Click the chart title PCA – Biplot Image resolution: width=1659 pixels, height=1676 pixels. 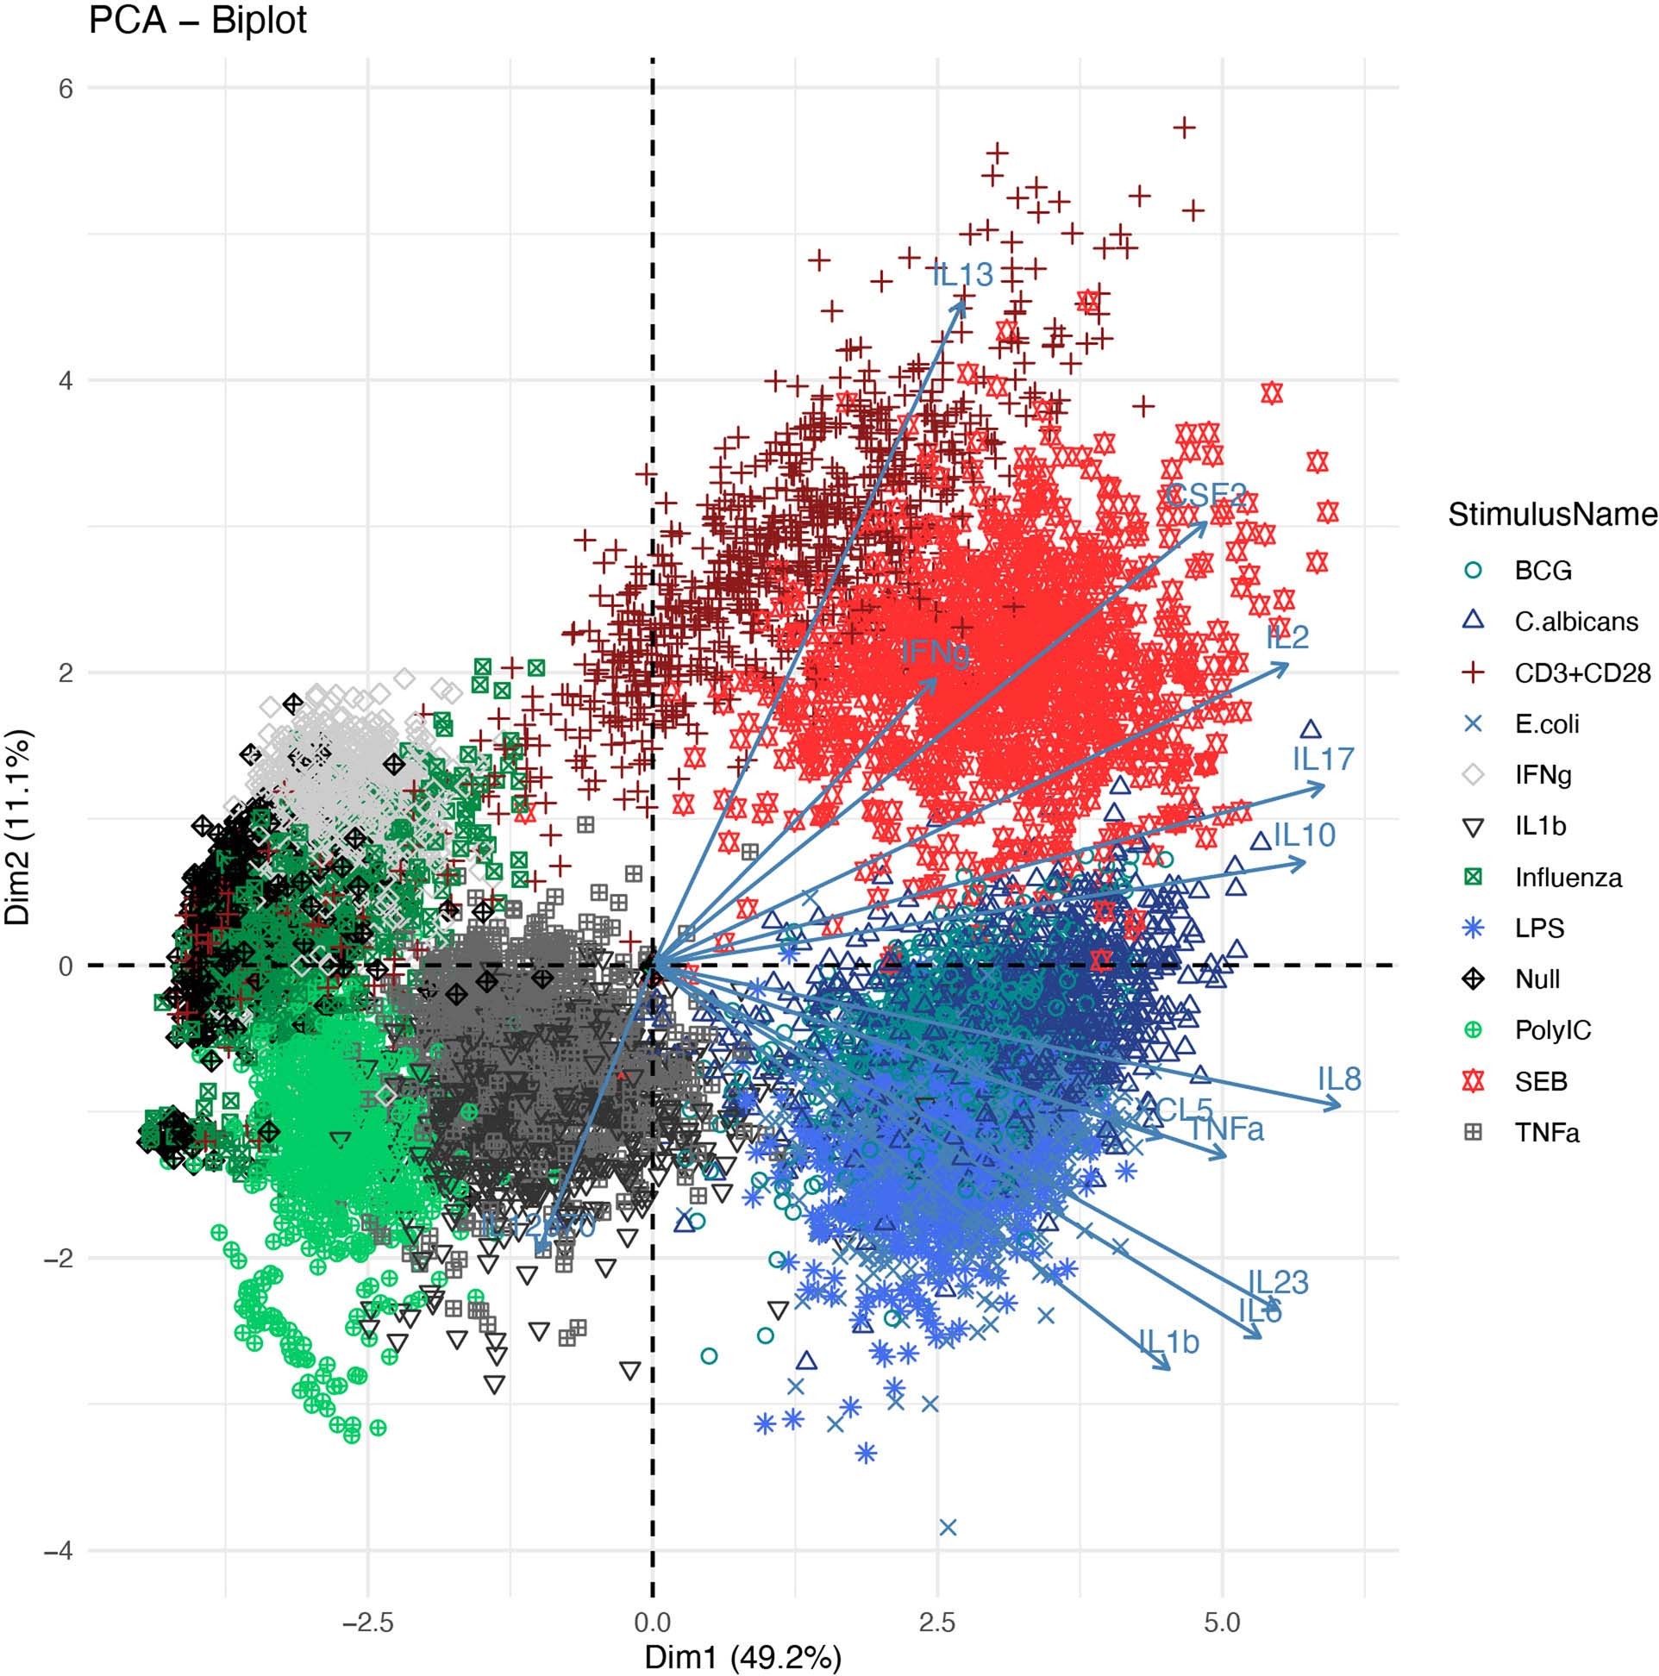(x=197, y=21)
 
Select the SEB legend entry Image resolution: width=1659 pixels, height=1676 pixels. (x=1541, y=1082)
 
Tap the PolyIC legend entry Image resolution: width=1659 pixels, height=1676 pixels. (x=1552, y=1030)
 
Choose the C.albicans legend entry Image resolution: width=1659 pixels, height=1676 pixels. (x=1575, y=622)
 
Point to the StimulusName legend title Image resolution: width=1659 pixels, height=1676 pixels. (x=1552, y=516)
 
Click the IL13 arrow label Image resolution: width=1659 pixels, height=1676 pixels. (x=962, y=276)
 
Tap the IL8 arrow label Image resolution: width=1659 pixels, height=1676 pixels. (x=1339, y=1080)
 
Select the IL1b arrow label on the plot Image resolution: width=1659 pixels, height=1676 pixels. (x=1168, y=1343)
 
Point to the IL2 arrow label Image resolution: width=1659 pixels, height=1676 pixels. (x=1287, y=639)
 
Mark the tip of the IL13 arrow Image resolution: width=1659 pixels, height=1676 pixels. (x=962, y=299)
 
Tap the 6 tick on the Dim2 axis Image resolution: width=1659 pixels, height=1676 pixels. (x=66, y=89)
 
